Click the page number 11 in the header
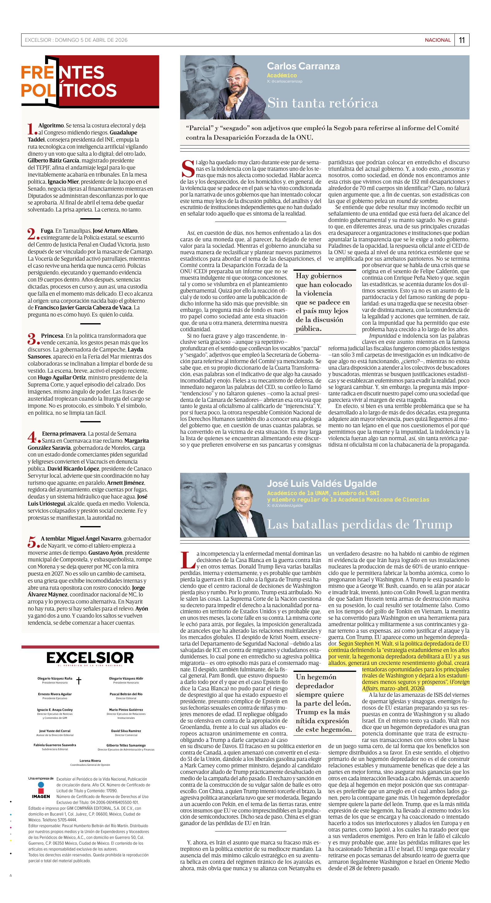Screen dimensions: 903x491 (x=462, y=40)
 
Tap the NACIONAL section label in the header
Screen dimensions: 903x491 (x=437, y=40)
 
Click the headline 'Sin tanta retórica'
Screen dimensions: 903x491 (x=323, y=103)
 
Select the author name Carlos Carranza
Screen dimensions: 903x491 (x=303, y=66)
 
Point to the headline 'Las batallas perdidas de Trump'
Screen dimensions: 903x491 (x=360, y=525)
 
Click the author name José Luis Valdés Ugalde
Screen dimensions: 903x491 (x=321, y=483)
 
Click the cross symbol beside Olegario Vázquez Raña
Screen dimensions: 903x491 (x=79, y=681)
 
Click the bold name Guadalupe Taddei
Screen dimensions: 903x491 (x=82, y=136)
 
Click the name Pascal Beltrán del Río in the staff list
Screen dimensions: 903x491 (x=126, y=694)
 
